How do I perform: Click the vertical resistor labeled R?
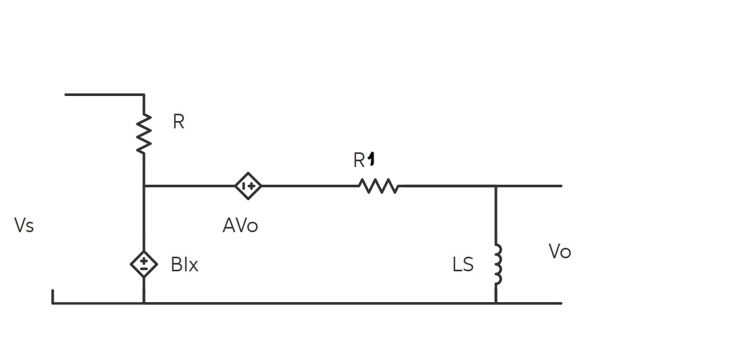pyautogui.click(x=144, y=134)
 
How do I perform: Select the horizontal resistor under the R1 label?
pyautogui.click(x=379, y=186)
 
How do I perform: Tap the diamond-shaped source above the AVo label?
pyautogui.click(x=248, y=186)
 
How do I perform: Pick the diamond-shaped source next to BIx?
pyautogui.click(x=143, y=264)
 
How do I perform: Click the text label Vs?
pyautogui.click(x=24, y=225)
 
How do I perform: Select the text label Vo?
pyautogui.click(x=560, y=251)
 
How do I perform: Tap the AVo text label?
pyautogui.click(x=240, y=225)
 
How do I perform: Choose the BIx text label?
pyautogui.click(x=185, y=265)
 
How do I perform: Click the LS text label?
pyautogui.click(x=463, y=265)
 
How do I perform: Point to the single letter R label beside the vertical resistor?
pyautogui.click(x=178, y=122)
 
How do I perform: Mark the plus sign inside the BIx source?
pyautogui.click(x=143, y=260)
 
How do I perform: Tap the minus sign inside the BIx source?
pyautogui.click(x=143, y=268)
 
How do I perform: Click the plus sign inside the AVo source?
pyautogui.click(x=251, y=186)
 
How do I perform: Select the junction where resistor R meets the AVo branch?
pyautogui.click(x=144, y=186)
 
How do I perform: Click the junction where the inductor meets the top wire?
pyautogui.click(x=496, y=186)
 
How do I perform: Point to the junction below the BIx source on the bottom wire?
pyautogui.click(x=144, y=303)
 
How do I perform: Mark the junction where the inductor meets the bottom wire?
pyautogui.click(x=496, y=303)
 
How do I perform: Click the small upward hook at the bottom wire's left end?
pyautogui.click(x=53, y=297)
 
